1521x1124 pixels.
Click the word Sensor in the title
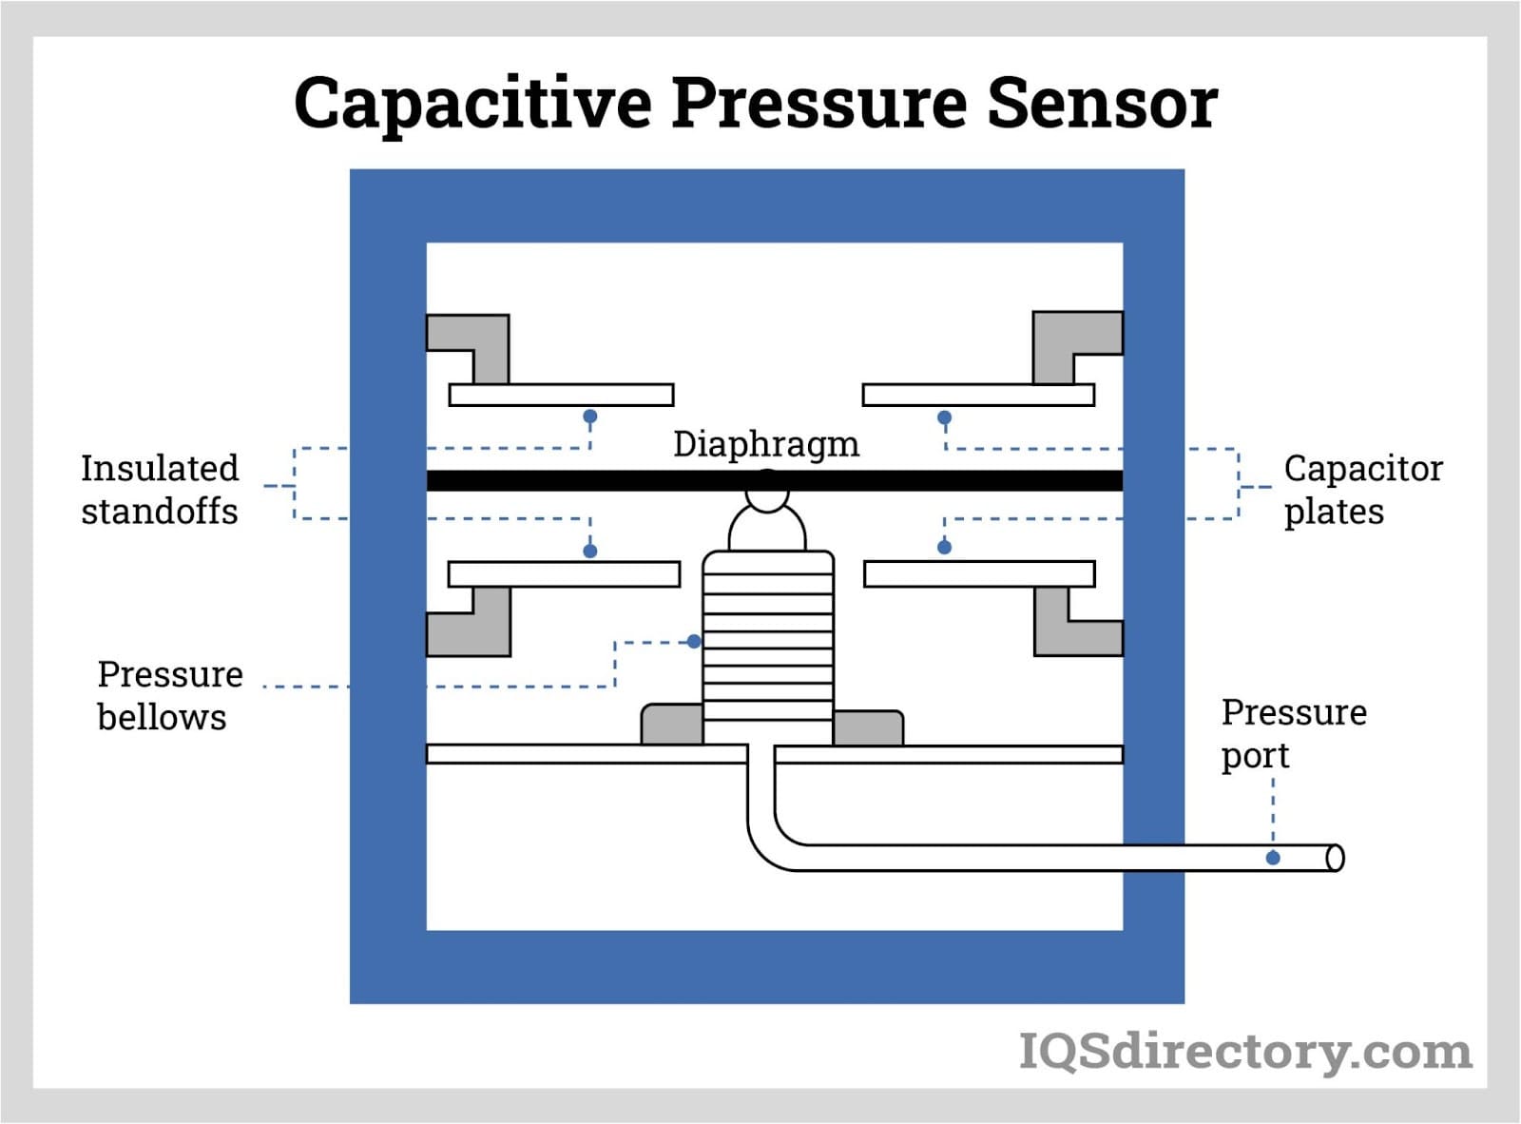tap(1102, 103)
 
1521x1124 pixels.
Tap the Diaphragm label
tap(765, 444)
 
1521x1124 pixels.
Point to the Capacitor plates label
tap(1361, 490)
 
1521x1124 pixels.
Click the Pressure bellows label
tap(169, 695)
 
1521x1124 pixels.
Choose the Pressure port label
tap(1293, 733)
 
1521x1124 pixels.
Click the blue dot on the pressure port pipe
tap(1273, 858)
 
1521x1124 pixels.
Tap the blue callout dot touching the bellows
tap(694, 642)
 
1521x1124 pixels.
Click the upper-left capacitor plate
tap(561, 395)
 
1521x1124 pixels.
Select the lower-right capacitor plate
tap(979, 574)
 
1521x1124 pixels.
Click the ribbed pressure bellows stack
tap(768, 647)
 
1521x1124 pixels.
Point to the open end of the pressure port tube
tap(1335, 858)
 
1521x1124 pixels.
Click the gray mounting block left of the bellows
tap(672, 725)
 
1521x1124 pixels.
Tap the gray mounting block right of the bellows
tap(868, 727)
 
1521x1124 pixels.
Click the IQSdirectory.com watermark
tap(1245, 1052)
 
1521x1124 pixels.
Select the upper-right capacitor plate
tap(978, 395)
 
